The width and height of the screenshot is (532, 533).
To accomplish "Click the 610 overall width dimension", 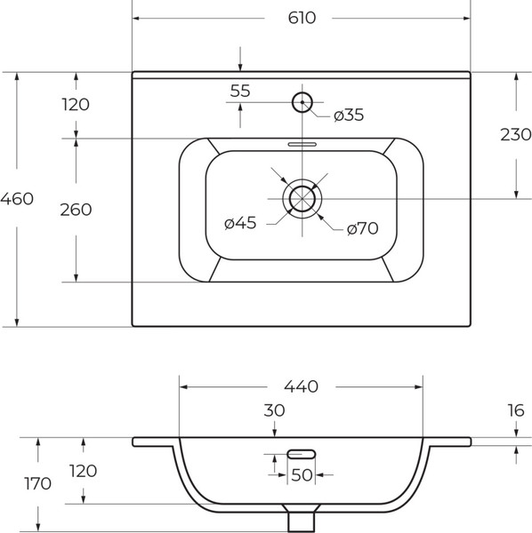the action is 302,18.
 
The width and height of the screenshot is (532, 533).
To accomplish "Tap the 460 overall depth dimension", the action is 17,199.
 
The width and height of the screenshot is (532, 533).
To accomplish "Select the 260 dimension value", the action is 76,210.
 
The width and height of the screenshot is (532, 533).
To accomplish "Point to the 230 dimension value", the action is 516,135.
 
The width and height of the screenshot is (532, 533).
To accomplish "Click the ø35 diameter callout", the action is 349,115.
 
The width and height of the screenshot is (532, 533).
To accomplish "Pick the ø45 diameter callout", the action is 240,223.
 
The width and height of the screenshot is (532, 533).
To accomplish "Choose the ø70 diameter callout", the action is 362,228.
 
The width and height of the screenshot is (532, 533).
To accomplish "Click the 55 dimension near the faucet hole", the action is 240,91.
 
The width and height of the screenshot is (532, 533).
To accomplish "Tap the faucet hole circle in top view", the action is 302,102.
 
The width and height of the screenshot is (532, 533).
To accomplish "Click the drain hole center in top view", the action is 302,199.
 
